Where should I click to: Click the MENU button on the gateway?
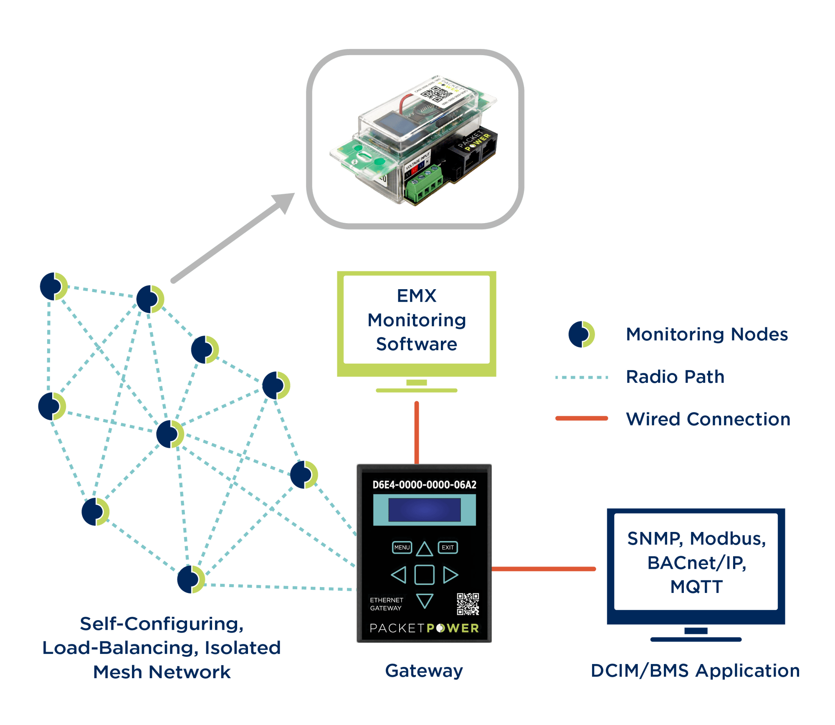402,547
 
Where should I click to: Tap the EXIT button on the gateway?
448,547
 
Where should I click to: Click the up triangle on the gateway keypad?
425,549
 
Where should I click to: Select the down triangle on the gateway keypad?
425,600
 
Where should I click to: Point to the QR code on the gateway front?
468,604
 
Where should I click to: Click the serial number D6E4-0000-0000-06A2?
424,485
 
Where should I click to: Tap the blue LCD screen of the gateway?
424,510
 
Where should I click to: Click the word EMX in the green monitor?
416,296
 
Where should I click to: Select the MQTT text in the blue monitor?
696,587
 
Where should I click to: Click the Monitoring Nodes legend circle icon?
581,334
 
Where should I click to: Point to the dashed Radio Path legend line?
582,377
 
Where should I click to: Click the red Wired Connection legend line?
582,418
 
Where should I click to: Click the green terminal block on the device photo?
424,184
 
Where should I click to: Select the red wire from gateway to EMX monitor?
417,432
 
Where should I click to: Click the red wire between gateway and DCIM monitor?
544,569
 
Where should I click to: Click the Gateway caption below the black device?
424,671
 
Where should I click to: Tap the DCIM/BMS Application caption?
695,671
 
